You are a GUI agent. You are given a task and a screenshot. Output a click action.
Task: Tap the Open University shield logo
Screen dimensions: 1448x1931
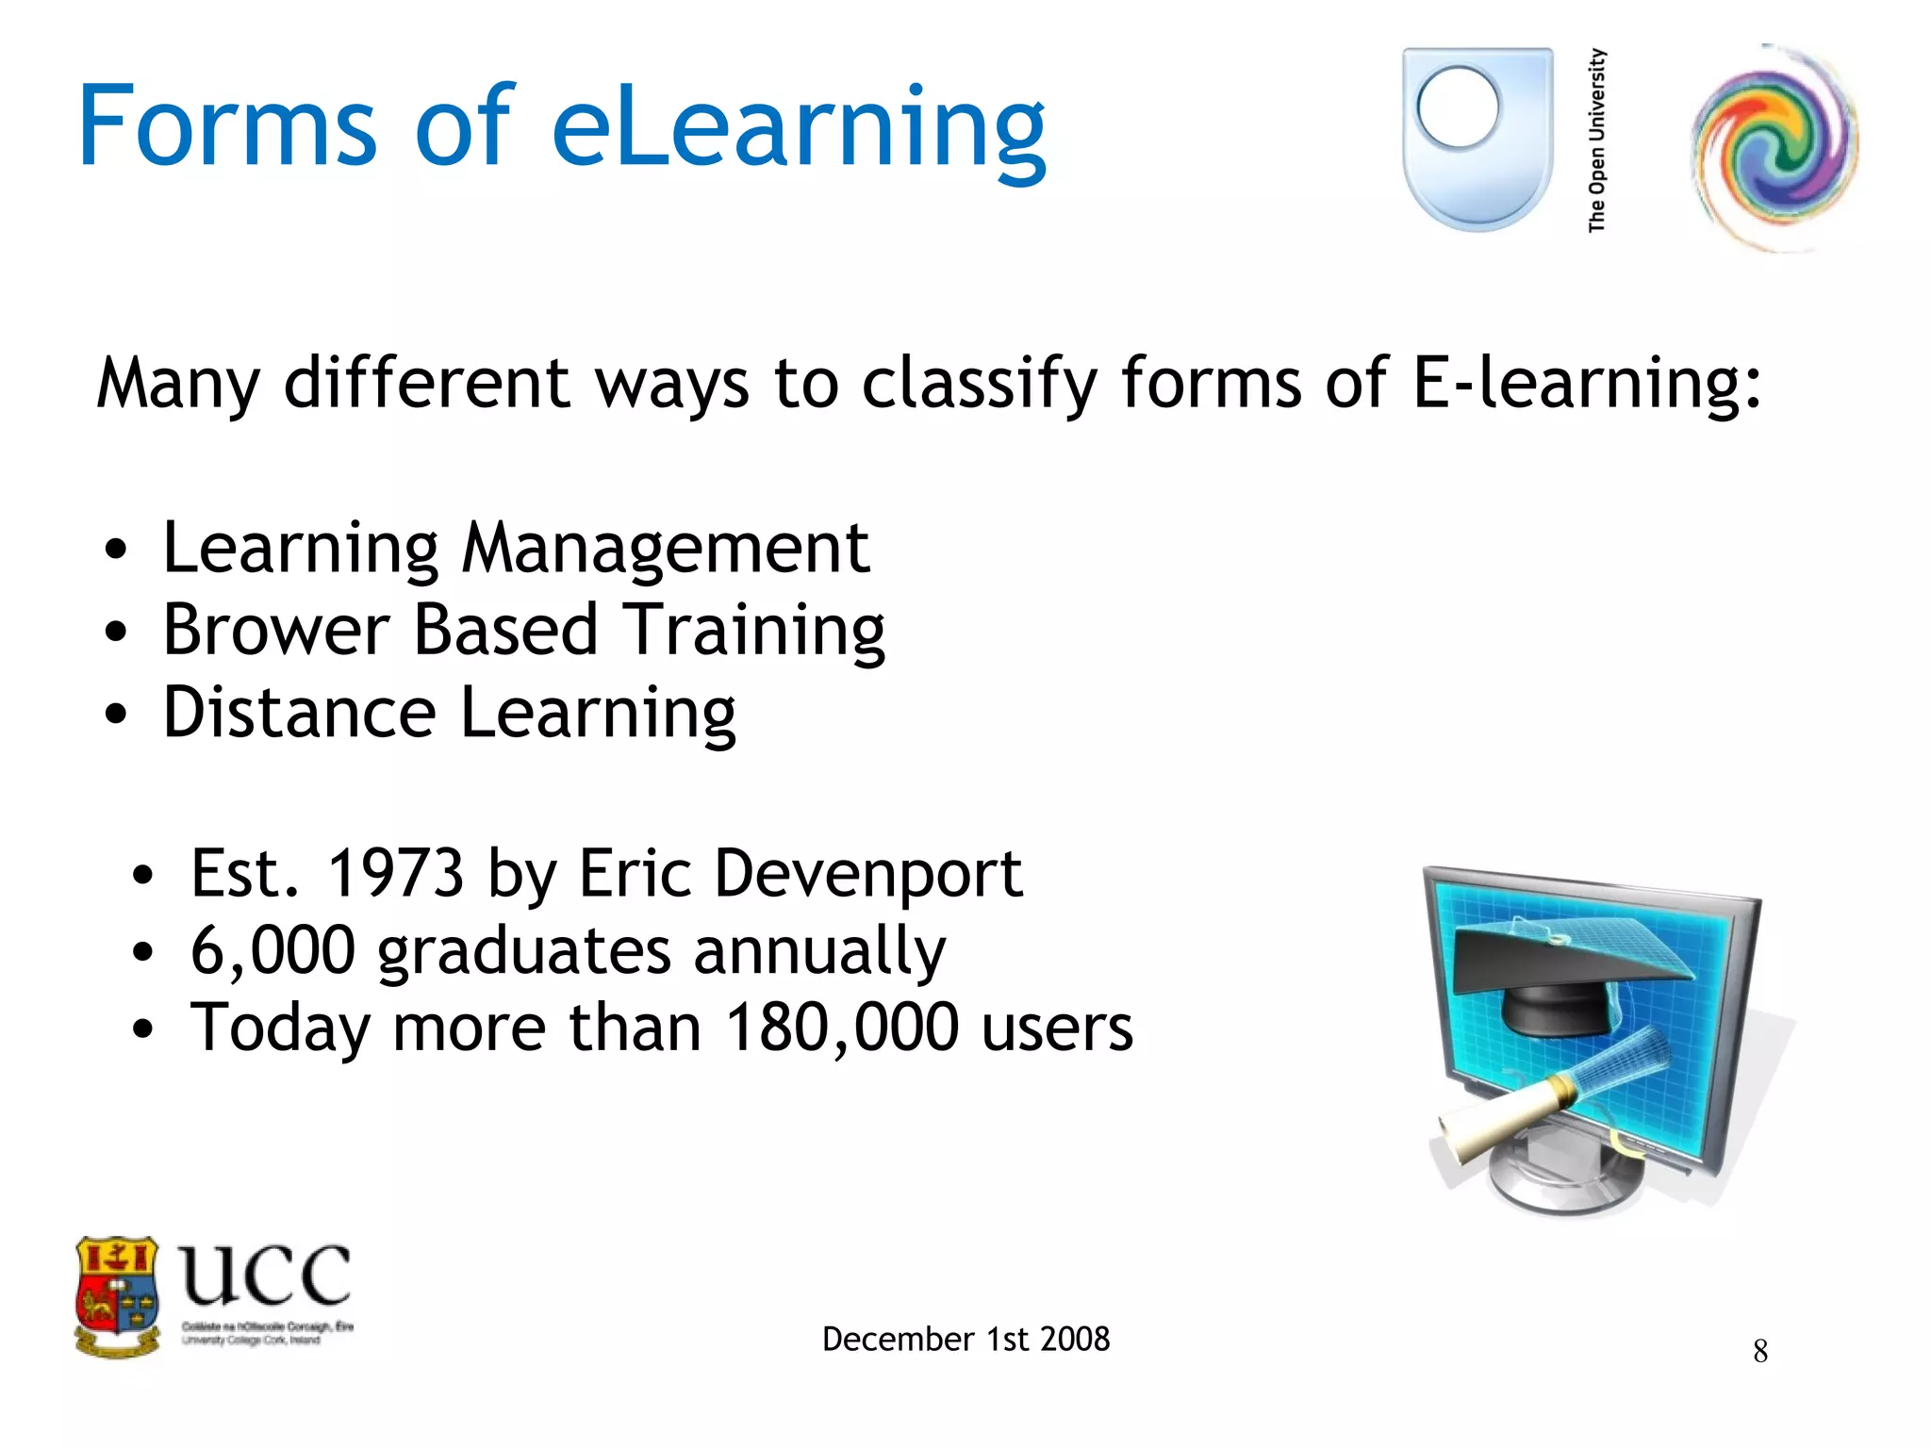tap(1477, 139)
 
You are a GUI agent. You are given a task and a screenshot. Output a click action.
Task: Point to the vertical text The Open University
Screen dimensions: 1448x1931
tap(1596, 140)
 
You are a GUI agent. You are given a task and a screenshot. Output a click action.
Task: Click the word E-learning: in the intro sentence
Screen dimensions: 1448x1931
tap(1586, 385)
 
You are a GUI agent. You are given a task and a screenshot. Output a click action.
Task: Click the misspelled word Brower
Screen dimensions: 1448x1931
tap(276, 630)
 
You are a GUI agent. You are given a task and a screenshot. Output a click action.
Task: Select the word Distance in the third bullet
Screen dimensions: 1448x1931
tap(299, 713)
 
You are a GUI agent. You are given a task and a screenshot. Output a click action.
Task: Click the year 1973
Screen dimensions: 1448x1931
tap(394, 874)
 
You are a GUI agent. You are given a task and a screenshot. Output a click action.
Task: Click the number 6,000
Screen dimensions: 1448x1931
tap(272, 951)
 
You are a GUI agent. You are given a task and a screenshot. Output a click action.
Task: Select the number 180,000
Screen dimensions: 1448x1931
tap(842, 1028)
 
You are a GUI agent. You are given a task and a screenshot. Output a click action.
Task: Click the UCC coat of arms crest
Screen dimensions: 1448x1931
tap(117, 1296)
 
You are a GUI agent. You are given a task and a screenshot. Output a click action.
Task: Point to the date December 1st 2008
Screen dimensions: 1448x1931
tap(965, 1339)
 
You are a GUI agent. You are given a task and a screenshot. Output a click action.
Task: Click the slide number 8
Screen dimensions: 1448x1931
tap(1759, 1352)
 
